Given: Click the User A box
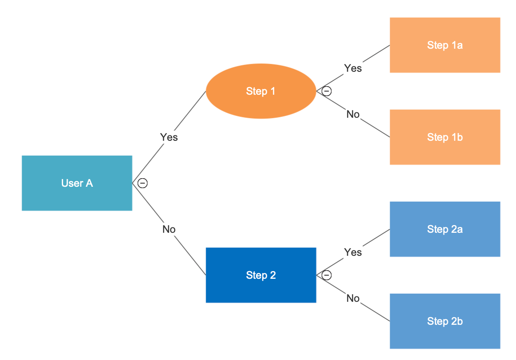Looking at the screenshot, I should pyautogui.click(x=77, y=183).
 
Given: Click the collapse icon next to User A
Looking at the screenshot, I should pyautogui.click(x=143, y=183).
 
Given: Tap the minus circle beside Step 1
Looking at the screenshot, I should pyautogui.click(x=327, y=91).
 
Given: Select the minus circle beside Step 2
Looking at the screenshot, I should pyautogui.click(x=327, y=275).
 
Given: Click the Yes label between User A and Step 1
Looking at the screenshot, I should pyautogui.click(x=169, y=137).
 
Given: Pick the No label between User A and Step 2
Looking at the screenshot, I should pyautogui.click(x=169, y=229).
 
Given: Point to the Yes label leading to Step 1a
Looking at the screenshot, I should pyautogui.click(x=353, y=68).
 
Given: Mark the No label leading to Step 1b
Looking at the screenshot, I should pyautogui.click(x=353, y=115).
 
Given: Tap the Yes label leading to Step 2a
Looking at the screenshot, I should pyautogui.click(x=353, y=252).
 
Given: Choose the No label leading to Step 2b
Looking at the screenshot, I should pyautogui.click(x=353, y=298).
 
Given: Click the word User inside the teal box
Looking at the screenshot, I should pyautogui.click(x=70, y=183).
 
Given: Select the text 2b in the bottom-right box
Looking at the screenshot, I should pyautogui.click(x=457, y=321).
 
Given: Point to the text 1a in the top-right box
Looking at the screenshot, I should pyautogui.click(x=457, y=45).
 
